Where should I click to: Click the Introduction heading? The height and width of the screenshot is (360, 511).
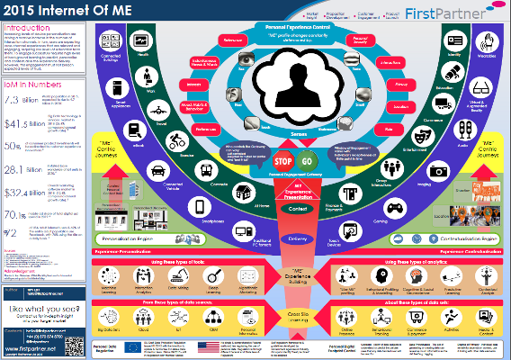coord(28,28)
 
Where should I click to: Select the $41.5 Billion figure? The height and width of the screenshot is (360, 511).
coord(19,122)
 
